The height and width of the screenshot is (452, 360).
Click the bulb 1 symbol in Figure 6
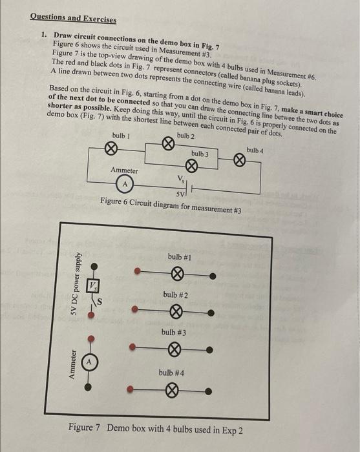(111, 149)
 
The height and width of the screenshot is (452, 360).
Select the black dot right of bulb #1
(212, 276)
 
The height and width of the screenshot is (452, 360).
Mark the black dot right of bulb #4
(210, 391)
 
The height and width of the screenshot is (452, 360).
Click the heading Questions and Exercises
(73, 19)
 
